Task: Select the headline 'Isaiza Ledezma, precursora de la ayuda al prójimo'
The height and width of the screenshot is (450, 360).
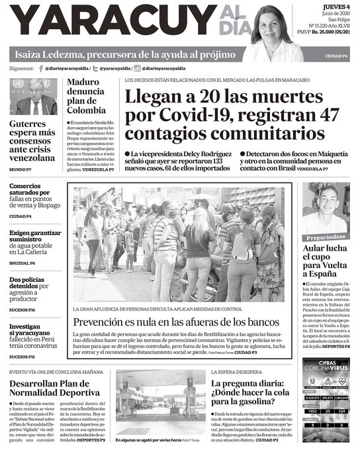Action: pos(123,54)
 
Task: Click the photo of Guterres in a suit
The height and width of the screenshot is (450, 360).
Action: pos(34,97)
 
